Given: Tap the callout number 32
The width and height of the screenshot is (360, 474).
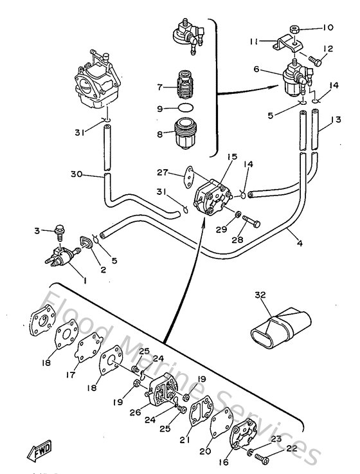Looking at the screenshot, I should (260, 295).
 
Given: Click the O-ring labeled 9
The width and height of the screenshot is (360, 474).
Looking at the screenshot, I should (186, 109).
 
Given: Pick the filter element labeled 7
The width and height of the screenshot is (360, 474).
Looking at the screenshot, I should (186, 86).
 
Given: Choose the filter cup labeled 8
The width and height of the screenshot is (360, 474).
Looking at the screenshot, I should (186, 132).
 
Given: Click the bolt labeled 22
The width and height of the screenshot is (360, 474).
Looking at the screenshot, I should (260, 457).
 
